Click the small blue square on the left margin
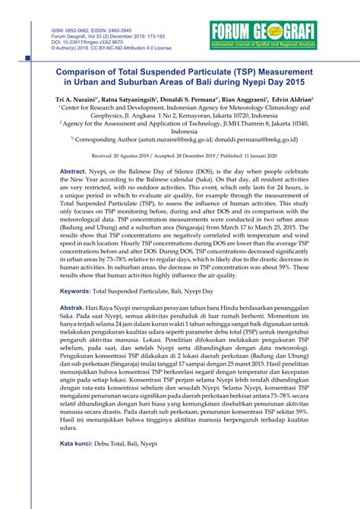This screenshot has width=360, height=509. tap(28, 58)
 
